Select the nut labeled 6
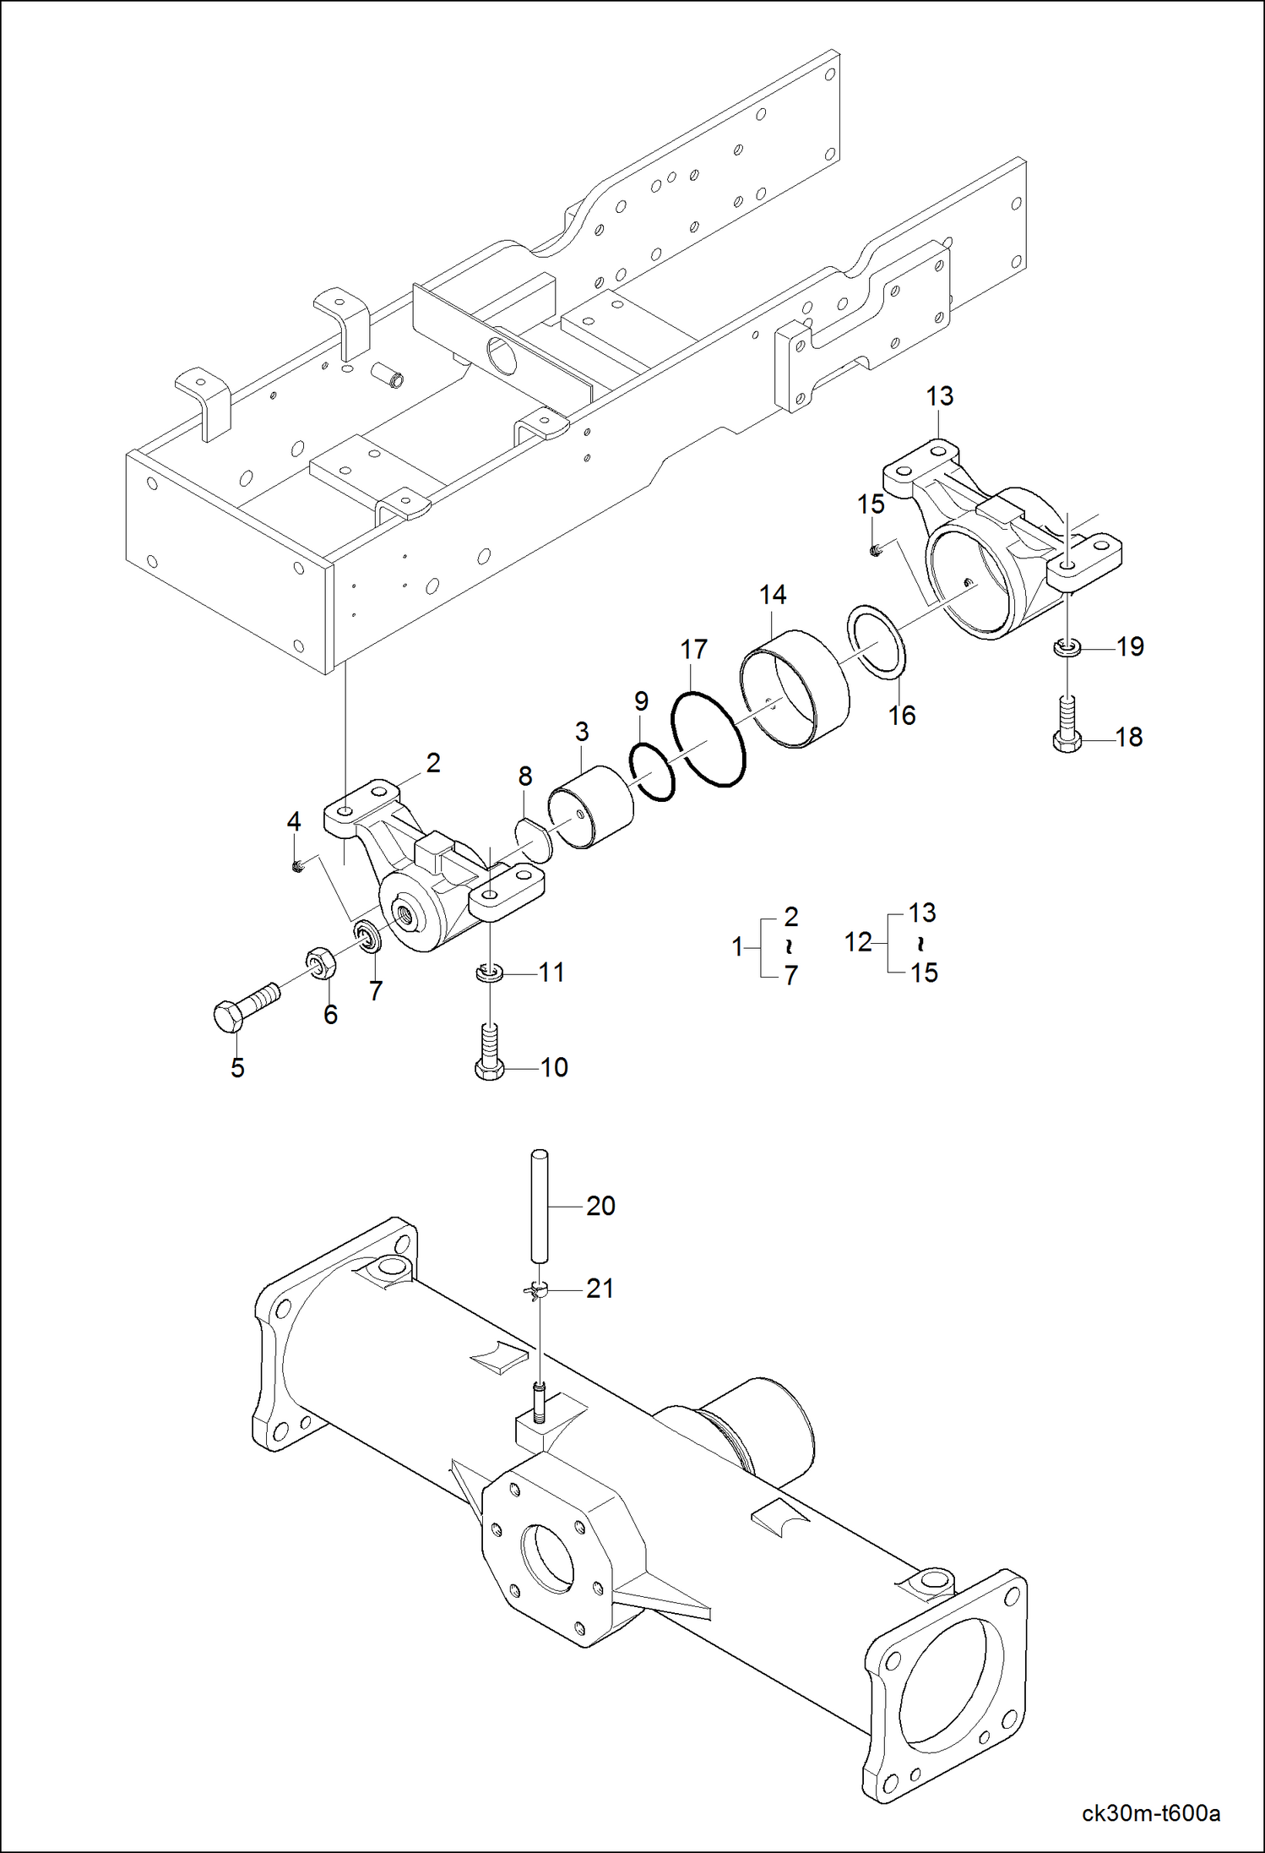319,963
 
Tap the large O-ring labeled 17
708,739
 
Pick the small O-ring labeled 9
653,771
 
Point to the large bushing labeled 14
794,689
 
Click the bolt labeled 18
1067,724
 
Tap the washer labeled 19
1067,648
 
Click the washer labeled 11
489,973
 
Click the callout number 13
939,396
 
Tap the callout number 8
525,776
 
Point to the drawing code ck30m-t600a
1150,1813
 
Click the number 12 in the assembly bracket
858,942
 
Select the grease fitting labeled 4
297,866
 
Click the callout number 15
871,504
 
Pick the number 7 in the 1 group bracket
790,976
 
